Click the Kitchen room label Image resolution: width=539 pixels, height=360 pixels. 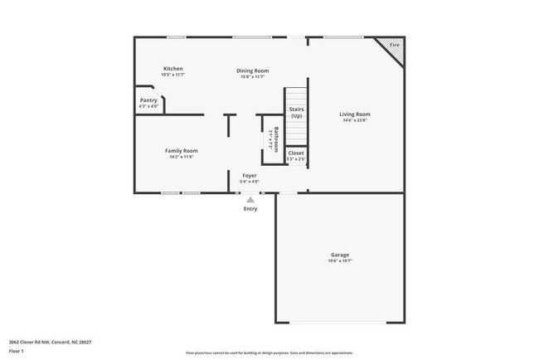(172, 68)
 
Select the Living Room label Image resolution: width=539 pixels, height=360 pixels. (355, 114)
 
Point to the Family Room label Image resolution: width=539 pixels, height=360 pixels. (181, 150)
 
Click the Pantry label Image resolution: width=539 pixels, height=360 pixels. (148, 100)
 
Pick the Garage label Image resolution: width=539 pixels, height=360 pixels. (340, 255)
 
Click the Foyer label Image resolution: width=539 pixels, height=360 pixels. (249, 175)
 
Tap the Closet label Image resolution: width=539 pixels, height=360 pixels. (296, 153)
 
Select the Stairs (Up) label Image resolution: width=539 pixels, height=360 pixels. (296, 112)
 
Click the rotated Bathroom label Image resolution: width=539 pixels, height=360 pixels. (277, 138)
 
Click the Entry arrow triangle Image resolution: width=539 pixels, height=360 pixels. (250, 199)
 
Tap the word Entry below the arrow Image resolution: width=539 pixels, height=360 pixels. (250, 208)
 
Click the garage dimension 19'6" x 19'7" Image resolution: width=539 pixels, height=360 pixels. (340, 261)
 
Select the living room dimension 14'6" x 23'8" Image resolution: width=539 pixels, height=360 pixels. (355, 120)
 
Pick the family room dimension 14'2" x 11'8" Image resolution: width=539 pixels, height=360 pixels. (181, 157)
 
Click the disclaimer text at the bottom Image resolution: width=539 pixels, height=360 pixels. (269, 353)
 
